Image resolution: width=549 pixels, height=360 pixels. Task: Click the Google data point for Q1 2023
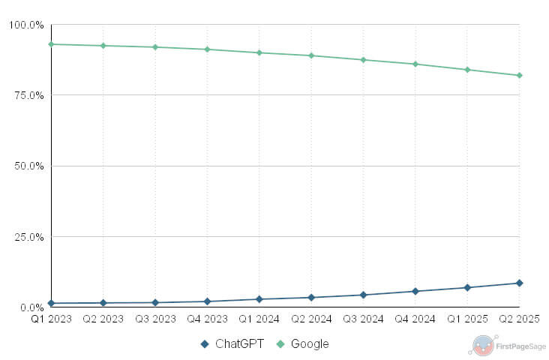[51, 44]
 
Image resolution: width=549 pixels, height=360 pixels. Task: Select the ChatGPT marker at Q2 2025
[519, 283]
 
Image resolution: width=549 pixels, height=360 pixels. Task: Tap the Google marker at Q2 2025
[519, 75]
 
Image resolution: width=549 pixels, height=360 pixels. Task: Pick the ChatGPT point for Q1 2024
[259, 299]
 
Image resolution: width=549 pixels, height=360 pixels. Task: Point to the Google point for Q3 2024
[363, 59]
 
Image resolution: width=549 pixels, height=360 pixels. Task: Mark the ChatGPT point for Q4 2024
[415, 291]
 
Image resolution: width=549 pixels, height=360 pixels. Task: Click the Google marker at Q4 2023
[207, 49]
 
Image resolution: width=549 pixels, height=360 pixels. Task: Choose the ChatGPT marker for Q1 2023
[51, 303]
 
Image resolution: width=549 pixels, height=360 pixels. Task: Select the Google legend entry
[303, 344]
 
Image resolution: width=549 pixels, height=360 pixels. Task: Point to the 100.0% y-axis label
[26, 25]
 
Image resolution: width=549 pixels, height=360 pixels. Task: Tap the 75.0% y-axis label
[28, 95]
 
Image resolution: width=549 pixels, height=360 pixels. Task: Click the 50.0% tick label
[28, 166]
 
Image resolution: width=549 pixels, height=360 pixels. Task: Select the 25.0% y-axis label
[28, 237]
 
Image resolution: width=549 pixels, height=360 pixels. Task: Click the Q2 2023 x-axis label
[103, 319]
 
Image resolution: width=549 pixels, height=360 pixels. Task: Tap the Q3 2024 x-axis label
[363, 319]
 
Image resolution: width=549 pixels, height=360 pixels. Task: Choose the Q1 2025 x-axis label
[466, 319]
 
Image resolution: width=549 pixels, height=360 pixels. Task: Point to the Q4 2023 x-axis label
[207, 319]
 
